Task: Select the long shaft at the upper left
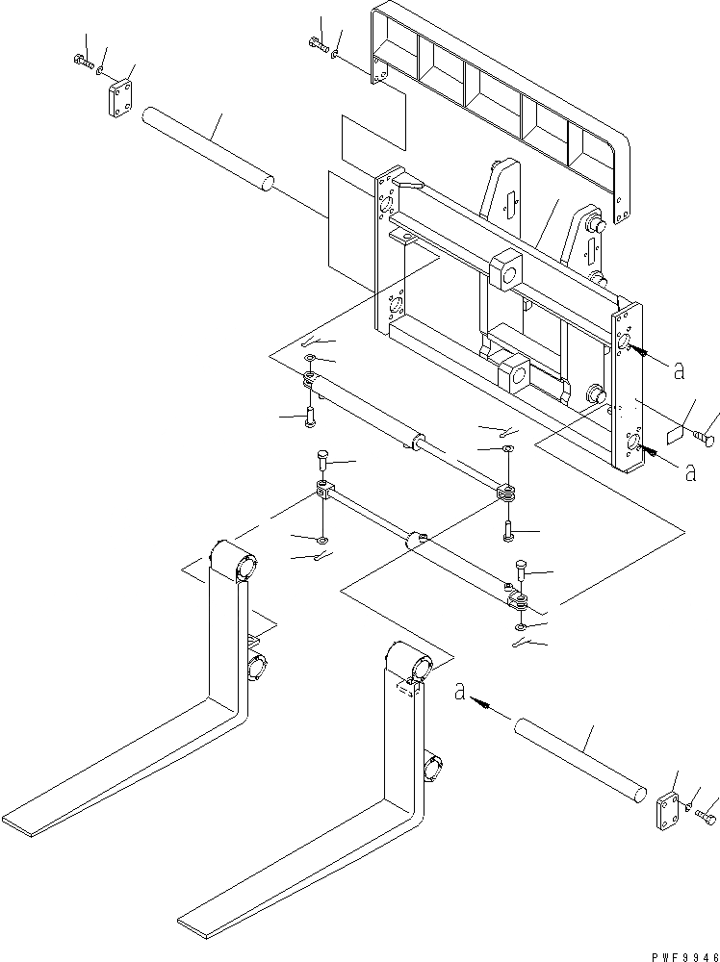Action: click(207, 148)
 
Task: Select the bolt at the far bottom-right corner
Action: click(705, 817)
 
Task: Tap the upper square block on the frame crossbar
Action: click(506, 270)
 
